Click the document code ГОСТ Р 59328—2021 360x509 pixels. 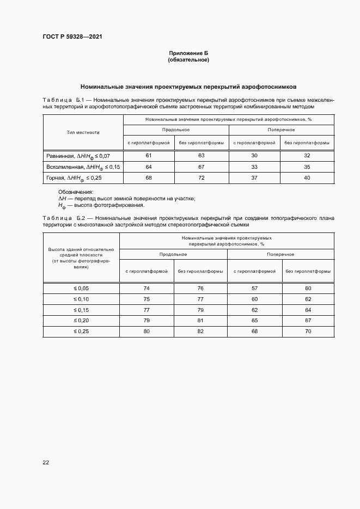72,37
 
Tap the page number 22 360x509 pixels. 46,462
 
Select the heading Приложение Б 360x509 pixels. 188,53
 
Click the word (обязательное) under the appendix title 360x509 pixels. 188,60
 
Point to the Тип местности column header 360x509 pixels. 83,132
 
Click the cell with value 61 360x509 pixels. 149,156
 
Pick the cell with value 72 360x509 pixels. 201,177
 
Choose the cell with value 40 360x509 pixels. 307,177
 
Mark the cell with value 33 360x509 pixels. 254,167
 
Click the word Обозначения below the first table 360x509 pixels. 76,192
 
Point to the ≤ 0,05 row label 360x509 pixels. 81,287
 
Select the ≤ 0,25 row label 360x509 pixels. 81,331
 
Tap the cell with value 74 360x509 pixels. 147,287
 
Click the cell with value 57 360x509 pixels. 254,287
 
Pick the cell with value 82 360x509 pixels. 200,331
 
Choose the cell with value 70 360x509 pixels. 308,331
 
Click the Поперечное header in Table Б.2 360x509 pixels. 280,254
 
